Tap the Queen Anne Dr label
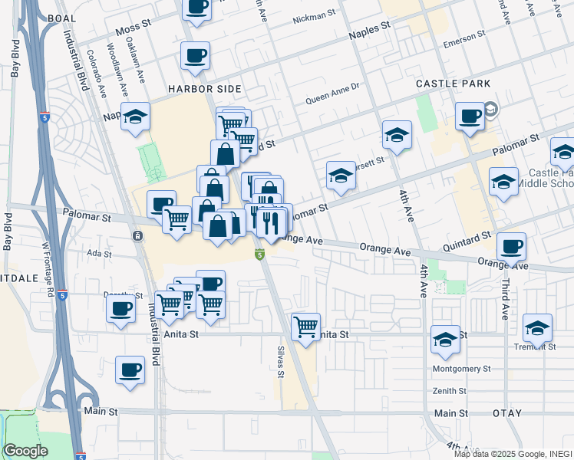[x=332, y=97]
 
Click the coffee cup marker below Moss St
[x=195, y=56]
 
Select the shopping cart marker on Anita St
[x=306, y=326]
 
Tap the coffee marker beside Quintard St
[x=511, y=247]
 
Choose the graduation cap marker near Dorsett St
[x=341, y=176]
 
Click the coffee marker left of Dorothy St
[x=120, y=308]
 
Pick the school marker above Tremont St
[x=538, y=327]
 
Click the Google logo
[x=25, y=451]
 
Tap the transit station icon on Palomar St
[x=137, y=235]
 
